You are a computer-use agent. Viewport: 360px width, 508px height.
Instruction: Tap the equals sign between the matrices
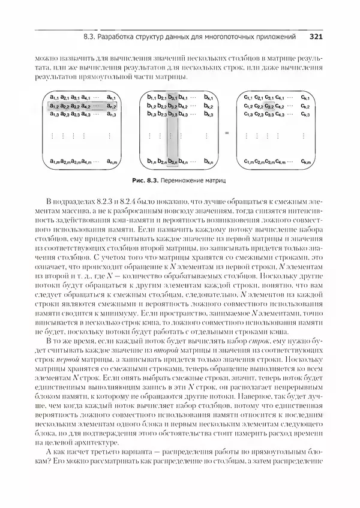coord(226,135)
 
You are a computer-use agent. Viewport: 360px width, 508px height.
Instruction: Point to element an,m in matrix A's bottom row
coord(110,161)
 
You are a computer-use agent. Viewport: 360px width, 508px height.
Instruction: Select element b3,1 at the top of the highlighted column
coord(172,97)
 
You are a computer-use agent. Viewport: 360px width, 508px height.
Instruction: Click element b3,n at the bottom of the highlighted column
coord(172,161)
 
